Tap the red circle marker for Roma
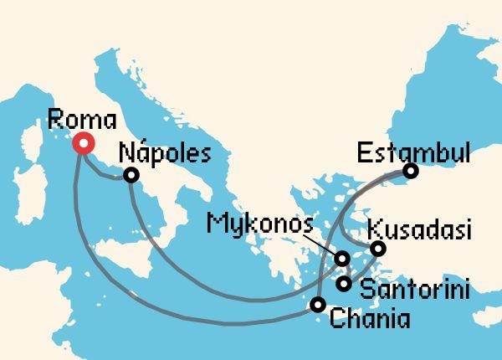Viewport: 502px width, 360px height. click(x=84, y=144)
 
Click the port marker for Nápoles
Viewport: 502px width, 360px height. click(x=131, y=175)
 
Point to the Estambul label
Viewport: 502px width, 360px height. click(x=413, y=152)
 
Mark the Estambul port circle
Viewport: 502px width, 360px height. click(x=410, y=172)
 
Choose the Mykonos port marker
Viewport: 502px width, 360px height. click(x=341, y=259)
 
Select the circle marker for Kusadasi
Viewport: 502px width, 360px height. click(x=378, y=249)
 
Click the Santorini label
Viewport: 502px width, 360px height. click(x=413, y=290)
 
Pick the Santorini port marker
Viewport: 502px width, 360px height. click(x=344, y=284)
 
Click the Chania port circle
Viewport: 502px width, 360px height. click(x=317, y=305)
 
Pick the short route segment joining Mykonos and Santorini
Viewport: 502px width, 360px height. click(x=342, y=271)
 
